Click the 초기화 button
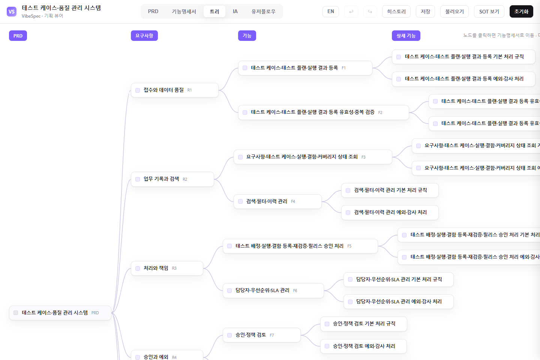pos(521,12)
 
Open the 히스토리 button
pos(396,12)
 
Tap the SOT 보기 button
pos(489,12)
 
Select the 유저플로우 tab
pos(263,12)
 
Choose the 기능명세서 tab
pos(184,12)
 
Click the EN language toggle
pos(330,12)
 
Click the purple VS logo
pos(12,12)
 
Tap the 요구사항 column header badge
pos(144,36)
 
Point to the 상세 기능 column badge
pos(406,36)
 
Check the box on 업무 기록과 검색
pos(138,179)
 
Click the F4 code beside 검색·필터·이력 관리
pos(293,202)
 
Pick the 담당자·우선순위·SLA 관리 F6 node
pos(273,291)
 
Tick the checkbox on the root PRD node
pos(16,313)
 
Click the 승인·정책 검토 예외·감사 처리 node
pos(363,346)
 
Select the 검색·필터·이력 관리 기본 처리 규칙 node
pos(390,190)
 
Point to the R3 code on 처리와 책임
pos(174,268)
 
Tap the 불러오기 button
pos(454,12)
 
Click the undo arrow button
pos(351,12)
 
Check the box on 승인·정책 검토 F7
pos(229,335)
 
